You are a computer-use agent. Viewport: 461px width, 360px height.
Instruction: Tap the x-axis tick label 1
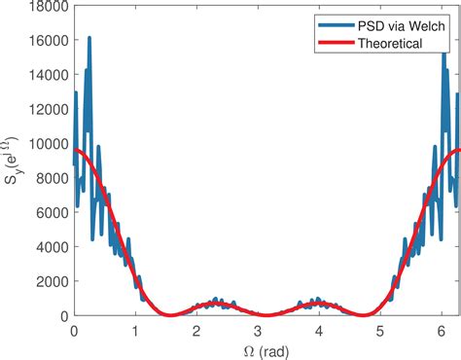(136, 330)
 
